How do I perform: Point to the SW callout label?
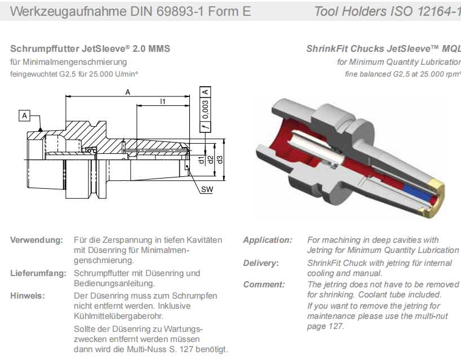(207, 190)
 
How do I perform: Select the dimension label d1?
(202, 160)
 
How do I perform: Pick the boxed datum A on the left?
(24, 115)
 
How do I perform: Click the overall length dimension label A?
(128, 92)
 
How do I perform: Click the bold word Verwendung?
(37, 240)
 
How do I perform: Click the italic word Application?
(268, 240)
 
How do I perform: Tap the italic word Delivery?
(261, 263)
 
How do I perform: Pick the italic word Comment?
(264, 285)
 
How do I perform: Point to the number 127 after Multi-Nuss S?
(188, 349)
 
